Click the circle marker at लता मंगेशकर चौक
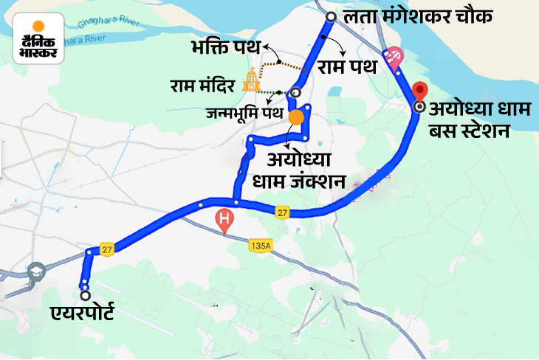point(330,16)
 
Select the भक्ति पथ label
point(229,49)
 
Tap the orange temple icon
point(253,81)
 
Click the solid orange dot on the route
point(295,117)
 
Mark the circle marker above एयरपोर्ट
point(85,295)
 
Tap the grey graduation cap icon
point(35,272)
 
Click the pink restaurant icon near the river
point(394,57)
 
